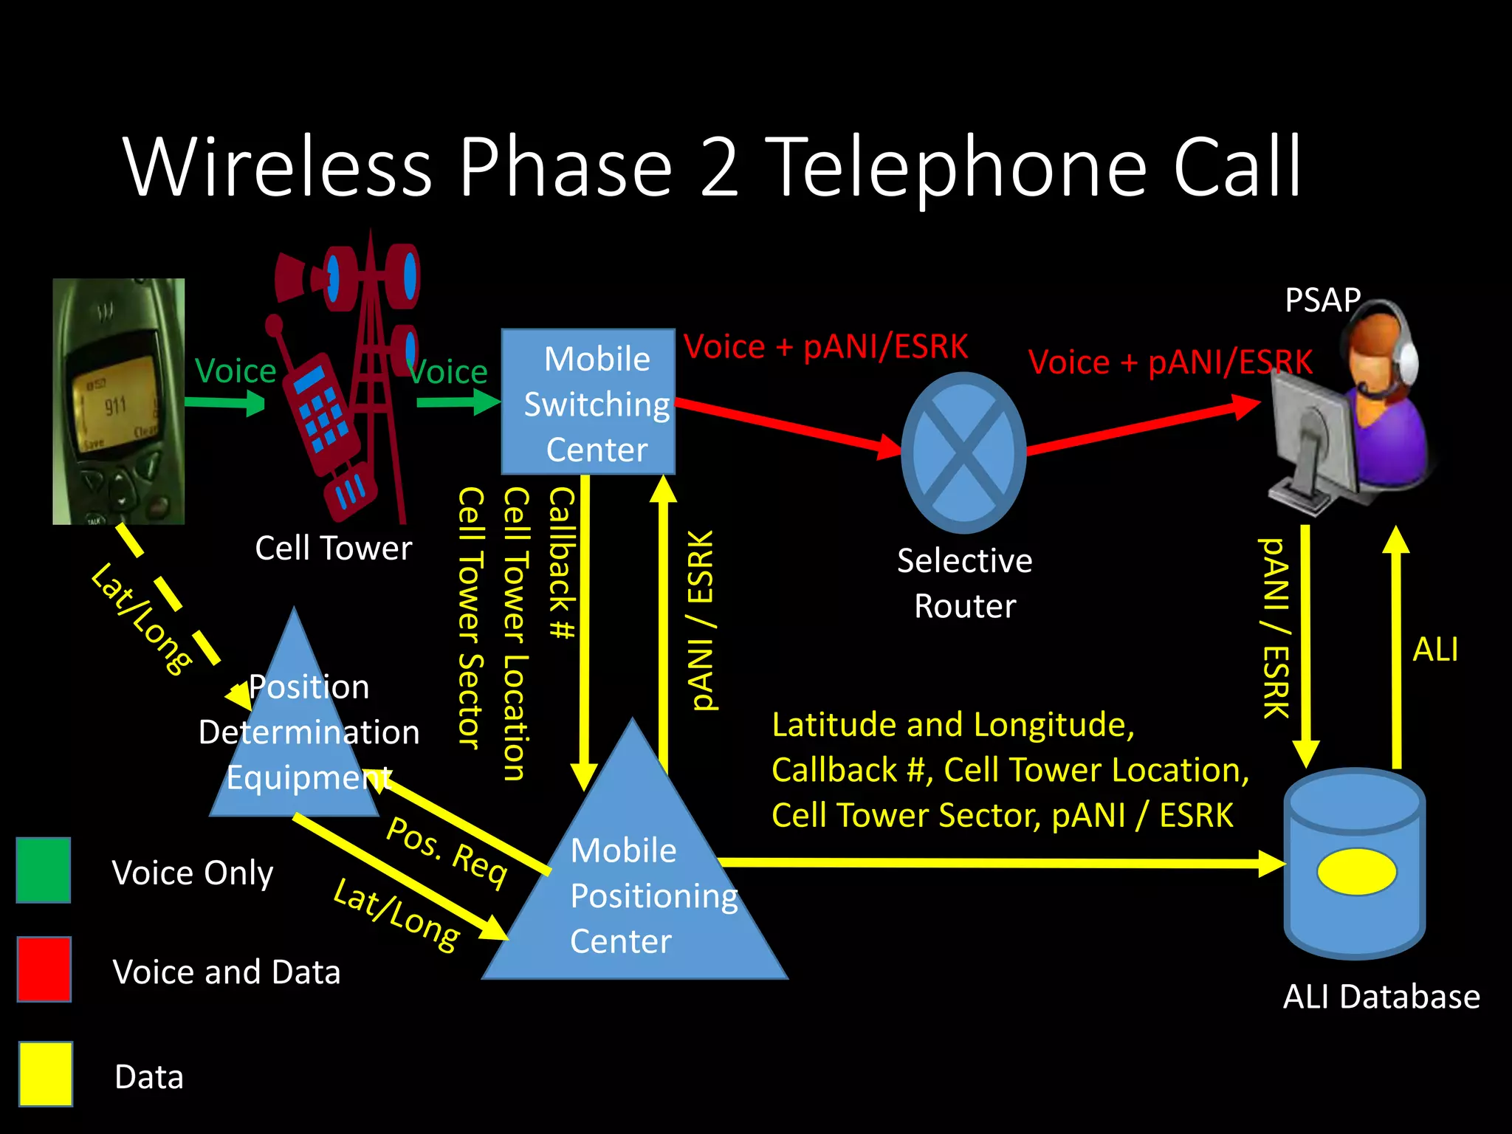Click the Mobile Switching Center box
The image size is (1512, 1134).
pyautogui.click(x=588, y=402)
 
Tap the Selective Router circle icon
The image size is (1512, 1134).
pyautogui.click(x=963, y=452)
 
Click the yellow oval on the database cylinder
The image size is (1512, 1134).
pyautogui.click(x=1357, y=872)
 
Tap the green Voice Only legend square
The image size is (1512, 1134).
pyautogui.click(x=44, y=870)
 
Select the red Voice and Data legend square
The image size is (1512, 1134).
pyautogui.click(x=44, y=969)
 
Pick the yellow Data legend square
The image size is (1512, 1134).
pyautogui.click(x=46, y=1074)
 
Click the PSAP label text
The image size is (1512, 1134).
pyautogui.click(x=1322, y=300)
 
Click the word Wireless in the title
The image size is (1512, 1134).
pyautogui.click(x=278, y=167)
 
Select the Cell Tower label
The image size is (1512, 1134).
pyautogui.click(x=333, y=549)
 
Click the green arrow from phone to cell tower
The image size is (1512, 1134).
pyautogui.click(x=224, y=402)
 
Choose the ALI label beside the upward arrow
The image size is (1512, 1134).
pyautogui.click(x=1435, y=650)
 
